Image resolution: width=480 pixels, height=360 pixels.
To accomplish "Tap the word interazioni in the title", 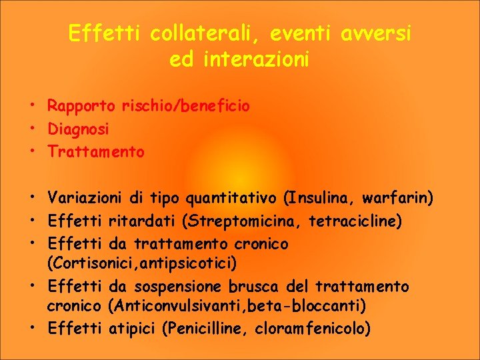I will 255,59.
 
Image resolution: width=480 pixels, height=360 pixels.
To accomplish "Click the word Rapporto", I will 81,106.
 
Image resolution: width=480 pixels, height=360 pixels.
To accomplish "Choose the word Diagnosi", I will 78,129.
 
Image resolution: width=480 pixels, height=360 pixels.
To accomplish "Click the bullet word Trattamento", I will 95,152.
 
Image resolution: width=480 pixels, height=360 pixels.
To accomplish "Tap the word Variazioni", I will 84,198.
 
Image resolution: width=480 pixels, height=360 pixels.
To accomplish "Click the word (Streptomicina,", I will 235,221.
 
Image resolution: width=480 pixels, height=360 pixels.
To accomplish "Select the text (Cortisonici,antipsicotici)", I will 142,263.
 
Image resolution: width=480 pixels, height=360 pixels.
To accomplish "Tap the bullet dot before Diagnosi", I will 32,128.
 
